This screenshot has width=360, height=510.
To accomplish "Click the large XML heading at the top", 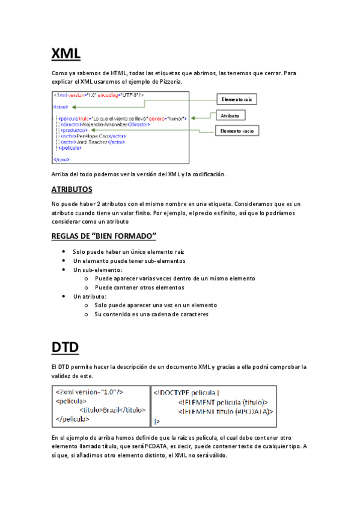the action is point(66,54).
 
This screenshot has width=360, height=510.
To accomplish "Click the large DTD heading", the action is point(65,347).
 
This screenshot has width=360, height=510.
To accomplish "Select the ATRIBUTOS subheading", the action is point(75,189).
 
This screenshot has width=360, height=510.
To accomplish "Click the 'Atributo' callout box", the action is point(229,115).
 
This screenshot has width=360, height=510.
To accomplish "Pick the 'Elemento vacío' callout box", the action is point(237,131).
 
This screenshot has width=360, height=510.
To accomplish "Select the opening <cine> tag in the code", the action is point(60,106).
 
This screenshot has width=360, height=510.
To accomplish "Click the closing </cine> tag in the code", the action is point(61,159).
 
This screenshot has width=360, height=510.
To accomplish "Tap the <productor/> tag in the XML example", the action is point(75,129).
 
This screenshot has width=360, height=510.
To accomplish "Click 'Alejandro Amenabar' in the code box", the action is point(100,124).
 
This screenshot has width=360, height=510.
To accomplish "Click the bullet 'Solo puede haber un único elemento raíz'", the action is point(128,251).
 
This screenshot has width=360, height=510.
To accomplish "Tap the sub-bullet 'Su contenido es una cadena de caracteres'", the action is point(151,314).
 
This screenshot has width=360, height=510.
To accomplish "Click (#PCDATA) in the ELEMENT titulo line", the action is point(251,411).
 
